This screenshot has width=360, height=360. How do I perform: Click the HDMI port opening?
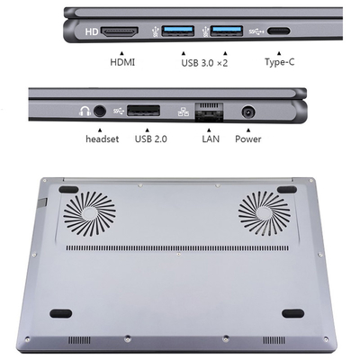click(x=120, y=31)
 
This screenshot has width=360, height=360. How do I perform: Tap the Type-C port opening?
click(x=279, y=31)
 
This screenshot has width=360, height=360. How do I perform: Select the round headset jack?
click(x=100, y=111)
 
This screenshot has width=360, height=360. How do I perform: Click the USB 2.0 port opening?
click(x=143, y=111)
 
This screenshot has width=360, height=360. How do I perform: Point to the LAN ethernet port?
click(x=209, y=112)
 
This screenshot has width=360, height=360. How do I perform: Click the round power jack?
click(x=248, y=112)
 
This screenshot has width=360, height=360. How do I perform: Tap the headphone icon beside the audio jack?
click(x=85, y=111)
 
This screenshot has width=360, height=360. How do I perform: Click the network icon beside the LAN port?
click(x=184, y=112)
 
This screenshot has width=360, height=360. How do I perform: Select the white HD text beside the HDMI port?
click(x=92, y=31)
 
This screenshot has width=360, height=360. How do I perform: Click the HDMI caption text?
click(x=122, y=62)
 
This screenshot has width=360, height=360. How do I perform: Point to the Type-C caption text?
click(x=279, y=62)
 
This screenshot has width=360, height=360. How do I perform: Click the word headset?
click(x=103, y=139)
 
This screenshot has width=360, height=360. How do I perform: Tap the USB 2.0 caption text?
click(x=151, y=139)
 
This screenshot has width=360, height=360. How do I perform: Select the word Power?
click(x=248, y=139)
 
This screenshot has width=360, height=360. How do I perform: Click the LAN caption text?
click(x=211, y=139)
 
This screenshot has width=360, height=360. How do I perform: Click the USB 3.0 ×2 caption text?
click(x=204, y=63)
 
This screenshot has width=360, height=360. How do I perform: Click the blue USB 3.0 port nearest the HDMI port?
click(x=178, y=31)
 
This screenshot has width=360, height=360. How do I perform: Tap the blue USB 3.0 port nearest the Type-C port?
click(x=227, y=31)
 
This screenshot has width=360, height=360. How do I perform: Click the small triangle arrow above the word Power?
click(x=248, y=130)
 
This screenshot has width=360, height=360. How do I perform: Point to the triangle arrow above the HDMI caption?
click(x=121, y=53)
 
